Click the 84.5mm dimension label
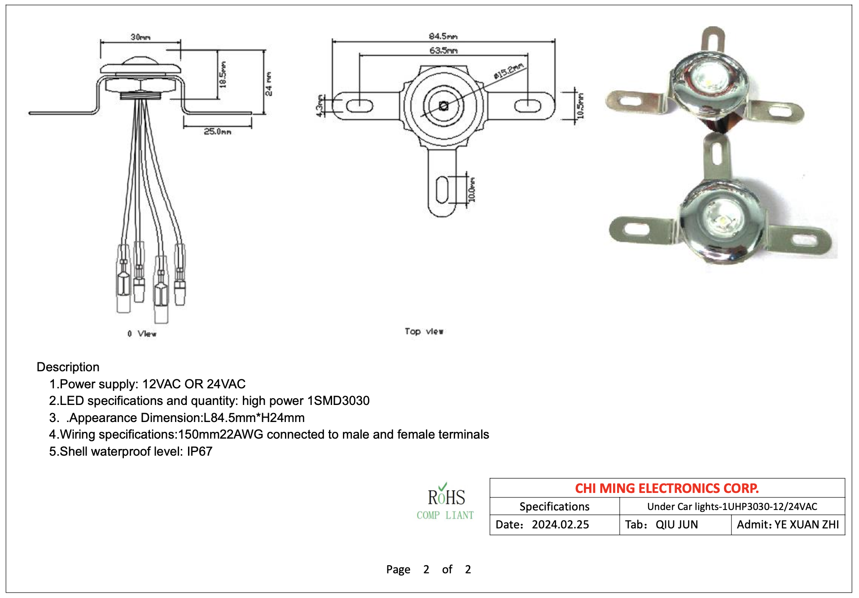coord(443,36)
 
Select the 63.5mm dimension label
coord(443,50)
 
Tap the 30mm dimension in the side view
coord(140,37)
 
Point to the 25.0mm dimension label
coord(218,132)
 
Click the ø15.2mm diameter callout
coord(508,71)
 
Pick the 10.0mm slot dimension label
coord(472,190)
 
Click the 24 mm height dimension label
coord(268,84)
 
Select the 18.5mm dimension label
coord(223,75)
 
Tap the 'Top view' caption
coord(424,331)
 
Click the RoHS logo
coord(445,501)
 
